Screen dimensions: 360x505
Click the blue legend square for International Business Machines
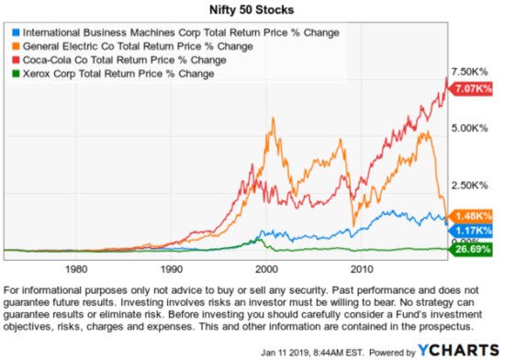pos(12,32)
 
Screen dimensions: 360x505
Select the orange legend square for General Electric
pos(12,46)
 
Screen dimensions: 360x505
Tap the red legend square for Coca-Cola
pos(12,60)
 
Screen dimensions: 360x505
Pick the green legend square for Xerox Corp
pos(12,73)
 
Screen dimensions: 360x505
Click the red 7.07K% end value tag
pos(475,87)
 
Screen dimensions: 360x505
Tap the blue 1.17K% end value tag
pos(475,230)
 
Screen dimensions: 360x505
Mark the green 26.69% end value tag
pos(475,249)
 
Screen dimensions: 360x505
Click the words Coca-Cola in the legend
pos(49,60)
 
